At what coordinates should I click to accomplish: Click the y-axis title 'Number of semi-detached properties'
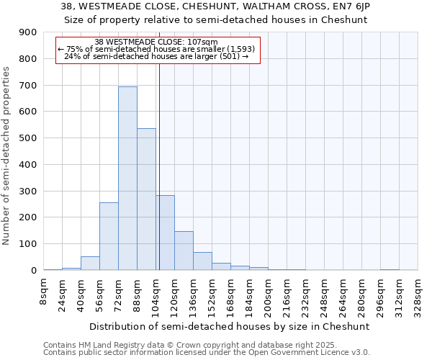coord(7,156)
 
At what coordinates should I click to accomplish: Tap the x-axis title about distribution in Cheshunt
coord(230,326)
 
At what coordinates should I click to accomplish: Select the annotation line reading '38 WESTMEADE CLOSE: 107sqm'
coord(156,42)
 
